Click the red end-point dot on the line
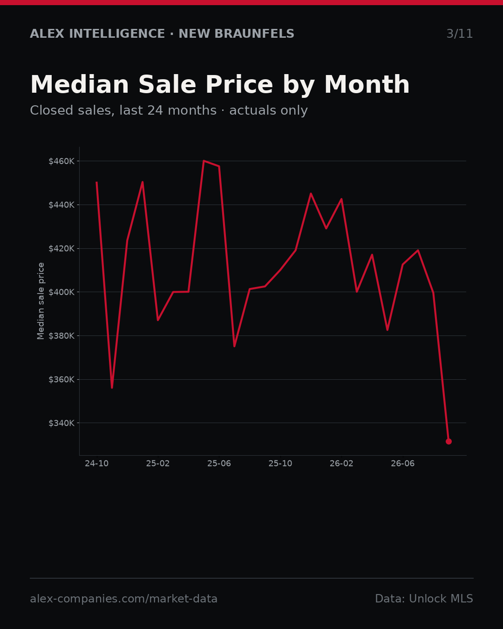tap(449, 441)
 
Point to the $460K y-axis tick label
tap(61, 161)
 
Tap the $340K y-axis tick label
tap(61, 423)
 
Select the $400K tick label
tap(61, 292)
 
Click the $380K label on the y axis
tap(61, 336)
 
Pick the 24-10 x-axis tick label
tap(97, 464)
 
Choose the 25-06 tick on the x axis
tap(219, 464)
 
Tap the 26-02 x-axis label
tap(341, 464)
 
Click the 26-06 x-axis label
tap(403, 464)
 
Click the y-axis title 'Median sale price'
tap(41, 301)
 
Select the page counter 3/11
tap(460, 34)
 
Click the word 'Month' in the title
tap(367, 85)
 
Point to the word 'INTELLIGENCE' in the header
tap(117, 34)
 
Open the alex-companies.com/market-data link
tap(123, 599)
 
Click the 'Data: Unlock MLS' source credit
tap(424, 599)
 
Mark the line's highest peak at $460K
tap(204, 161)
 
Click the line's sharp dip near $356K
tap(112, 388)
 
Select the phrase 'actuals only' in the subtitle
tap(268, 110)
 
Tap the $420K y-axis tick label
tap(61, 249)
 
